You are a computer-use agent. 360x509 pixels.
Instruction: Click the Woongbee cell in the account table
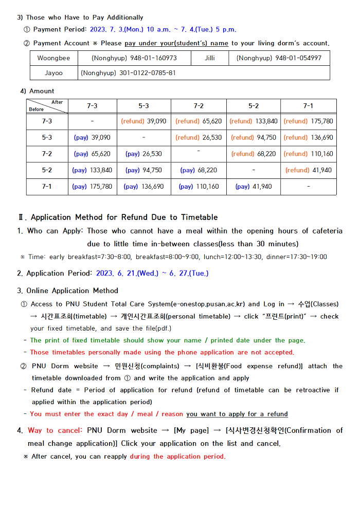coord(53,58)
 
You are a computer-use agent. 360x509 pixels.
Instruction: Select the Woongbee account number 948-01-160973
coord(134,58)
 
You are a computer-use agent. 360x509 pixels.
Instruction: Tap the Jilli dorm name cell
coord(209,58)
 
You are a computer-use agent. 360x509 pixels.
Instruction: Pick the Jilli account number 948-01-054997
coord(279,58)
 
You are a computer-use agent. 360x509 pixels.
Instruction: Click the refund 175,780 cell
coord(308,121)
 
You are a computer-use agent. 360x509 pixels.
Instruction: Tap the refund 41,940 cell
coord(308,170)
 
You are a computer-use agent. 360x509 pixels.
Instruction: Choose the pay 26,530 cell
coord(143,154)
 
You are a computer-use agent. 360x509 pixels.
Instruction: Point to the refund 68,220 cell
coord(254,154)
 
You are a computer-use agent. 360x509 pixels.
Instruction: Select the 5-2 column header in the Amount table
coord(254,106)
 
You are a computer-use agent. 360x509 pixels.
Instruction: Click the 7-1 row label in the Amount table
coord(47,187)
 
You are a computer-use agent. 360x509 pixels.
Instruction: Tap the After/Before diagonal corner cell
coord(47,106)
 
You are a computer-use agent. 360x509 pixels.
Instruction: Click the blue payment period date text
coord(163,29)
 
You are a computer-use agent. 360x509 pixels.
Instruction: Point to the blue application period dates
coord(152,274)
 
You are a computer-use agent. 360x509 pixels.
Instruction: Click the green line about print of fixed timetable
coord(167,340)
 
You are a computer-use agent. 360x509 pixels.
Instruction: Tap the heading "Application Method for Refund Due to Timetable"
coord(124,217)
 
